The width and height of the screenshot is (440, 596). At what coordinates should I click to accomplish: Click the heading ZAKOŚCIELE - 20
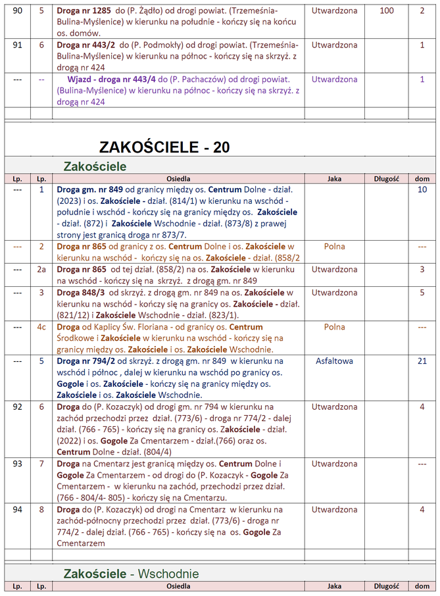click(164, 147)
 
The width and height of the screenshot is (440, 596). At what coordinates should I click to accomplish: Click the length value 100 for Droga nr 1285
click(387, 11)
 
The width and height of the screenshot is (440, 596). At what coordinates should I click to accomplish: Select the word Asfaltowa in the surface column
click(334, 361)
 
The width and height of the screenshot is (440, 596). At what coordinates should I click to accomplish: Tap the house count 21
click(422, 361)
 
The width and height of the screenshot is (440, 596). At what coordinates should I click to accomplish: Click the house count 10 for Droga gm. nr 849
click(422, 189)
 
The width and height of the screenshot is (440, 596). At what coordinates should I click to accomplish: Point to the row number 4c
click(41, 327)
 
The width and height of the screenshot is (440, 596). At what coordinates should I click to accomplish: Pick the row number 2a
click(41, 270)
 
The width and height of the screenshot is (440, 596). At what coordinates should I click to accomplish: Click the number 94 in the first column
click(17, 510)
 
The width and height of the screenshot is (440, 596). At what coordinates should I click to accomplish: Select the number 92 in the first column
click(17, 407)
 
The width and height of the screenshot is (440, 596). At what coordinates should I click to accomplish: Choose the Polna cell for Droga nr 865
click(334, 247)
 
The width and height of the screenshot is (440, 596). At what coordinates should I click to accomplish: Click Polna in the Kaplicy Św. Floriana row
click(334, 327)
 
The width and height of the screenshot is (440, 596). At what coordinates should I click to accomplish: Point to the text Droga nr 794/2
click(86, 361)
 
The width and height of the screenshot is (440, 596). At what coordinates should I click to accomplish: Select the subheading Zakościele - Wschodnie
click(131, 574)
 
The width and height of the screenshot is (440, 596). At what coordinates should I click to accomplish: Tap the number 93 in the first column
click(17, 464)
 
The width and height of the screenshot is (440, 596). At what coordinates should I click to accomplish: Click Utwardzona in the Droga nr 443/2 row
click(334, 45)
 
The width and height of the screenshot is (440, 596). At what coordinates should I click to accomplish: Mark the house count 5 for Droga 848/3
click(422, 293)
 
